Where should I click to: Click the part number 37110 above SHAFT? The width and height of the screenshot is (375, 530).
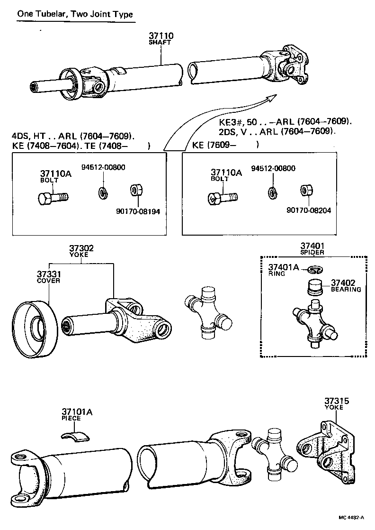point(161,36)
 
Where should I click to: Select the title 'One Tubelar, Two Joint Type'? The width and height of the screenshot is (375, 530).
point(74,14)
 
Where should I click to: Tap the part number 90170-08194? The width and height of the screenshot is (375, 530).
point(138,211)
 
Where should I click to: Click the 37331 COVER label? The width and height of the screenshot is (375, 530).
point(48,277)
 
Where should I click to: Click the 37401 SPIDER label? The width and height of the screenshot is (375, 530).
point(312,248)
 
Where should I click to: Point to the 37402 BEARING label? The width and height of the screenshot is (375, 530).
point(346,285)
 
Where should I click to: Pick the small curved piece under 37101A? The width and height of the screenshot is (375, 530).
point(77,436)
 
